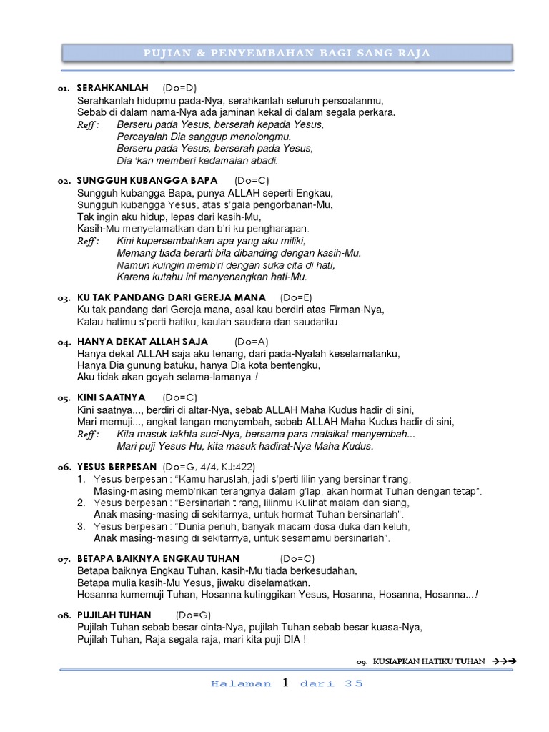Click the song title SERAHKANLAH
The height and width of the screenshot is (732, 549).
coord(112,88)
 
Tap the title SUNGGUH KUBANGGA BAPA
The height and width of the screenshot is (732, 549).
coord(147,181)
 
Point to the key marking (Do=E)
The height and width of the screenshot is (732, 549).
coord(295,297)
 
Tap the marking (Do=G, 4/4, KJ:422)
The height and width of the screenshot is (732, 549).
coord(204,467)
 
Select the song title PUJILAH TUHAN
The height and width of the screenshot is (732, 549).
coord(114,615)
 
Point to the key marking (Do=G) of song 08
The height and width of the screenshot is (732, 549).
coord(193,615)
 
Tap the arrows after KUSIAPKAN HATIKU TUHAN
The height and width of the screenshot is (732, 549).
coord(503,662)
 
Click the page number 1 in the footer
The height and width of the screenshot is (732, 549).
coord(285,683)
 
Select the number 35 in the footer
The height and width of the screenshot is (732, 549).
coord(353,683)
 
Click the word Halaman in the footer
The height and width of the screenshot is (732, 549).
coord(241,683)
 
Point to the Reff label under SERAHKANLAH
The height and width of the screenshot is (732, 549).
coord(88,125)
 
